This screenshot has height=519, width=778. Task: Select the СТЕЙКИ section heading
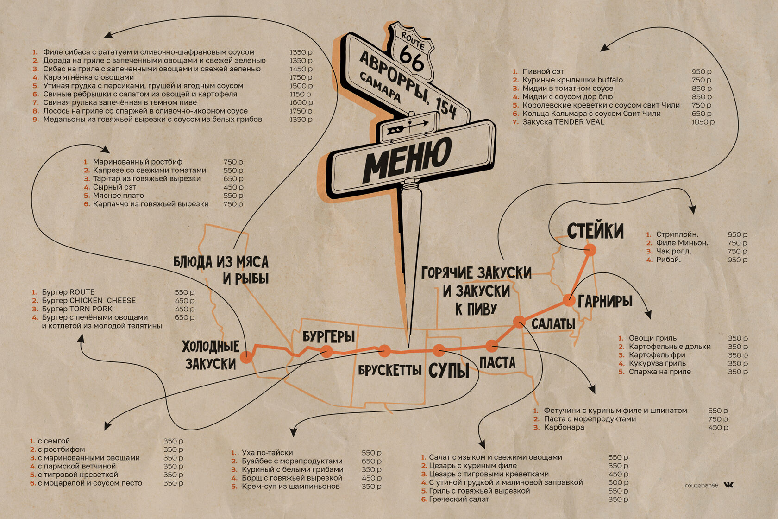click(596, 231)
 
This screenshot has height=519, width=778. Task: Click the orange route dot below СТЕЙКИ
click(590, 250)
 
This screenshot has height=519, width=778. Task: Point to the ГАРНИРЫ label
click(605, 301)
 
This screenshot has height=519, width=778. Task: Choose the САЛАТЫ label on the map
click(553, 324)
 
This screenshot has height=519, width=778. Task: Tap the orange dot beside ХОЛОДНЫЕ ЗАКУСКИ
click(246, 356)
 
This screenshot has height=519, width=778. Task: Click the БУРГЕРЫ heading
click(329, 336)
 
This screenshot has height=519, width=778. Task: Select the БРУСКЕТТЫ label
click(390, 370)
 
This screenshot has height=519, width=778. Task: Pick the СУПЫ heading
click(449, 370)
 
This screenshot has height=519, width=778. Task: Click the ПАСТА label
click(497, 362)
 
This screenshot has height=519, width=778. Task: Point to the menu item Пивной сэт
click(543, 71)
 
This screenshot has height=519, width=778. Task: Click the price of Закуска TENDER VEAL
click(703, 122)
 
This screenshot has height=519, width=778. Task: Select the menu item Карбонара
click(564, 427)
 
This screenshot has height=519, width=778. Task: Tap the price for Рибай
click(737, 259)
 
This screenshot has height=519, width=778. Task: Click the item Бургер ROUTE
click(68, 292)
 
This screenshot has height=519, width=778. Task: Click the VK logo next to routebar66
click(728, 485)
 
